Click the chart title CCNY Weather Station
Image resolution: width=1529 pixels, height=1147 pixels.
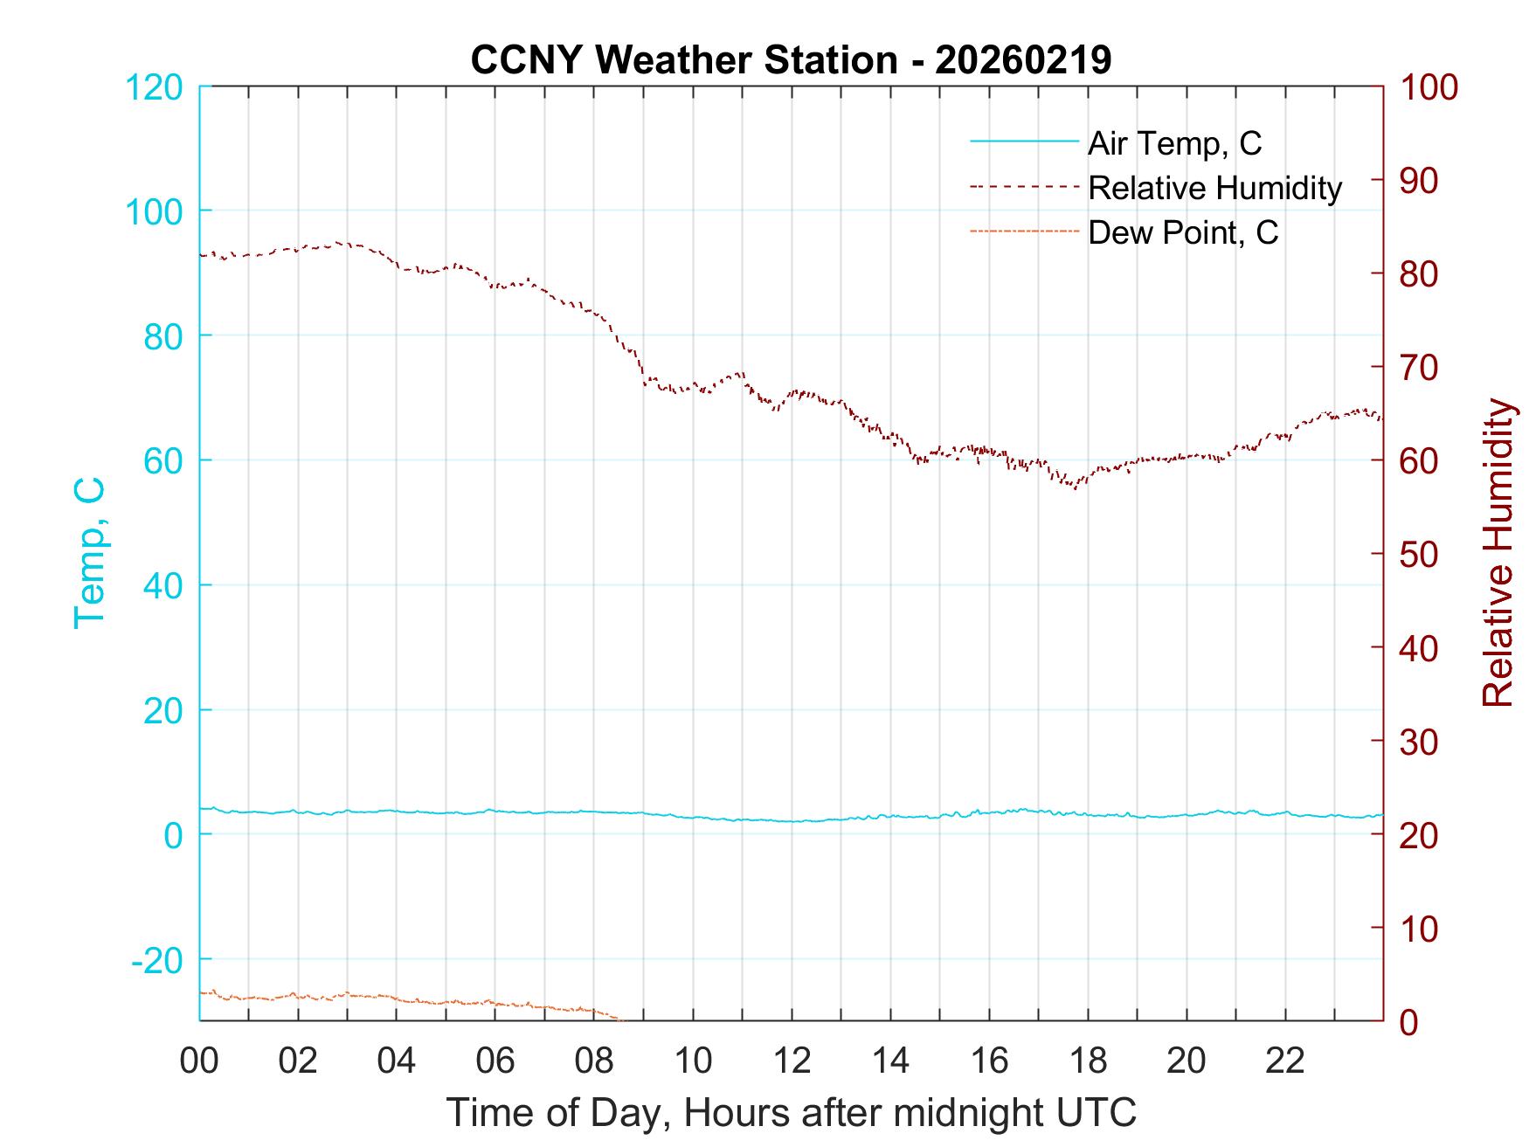tap(791, 60)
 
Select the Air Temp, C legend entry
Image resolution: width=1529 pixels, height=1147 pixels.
tap(1174, 142)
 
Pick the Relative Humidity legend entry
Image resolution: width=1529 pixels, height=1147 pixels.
tap(1214, 188)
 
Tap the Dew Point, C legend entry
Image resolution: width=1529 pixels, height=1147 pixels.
tap(1183, 232)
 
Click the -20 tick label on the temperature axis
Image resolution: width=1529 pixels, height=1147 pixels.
tap(157, 960)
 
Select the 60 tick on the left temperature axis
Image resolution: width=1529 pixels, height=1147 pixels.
tap(163, 460)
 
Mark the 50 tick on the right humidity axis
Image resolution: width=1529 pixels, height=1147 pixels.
tap(1418, 554)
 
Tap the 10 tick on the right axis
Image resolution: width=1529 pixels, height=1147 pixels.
tap(1418, 928)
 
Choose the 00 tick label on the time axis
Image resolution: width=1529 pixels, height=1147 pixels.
tap(199, 1061)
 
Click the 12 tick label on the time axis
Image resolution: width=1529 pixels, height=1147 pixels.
tap(792, 1061)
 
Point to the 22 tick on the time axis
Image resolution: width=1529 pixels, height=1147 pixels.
tap(1285, 1061)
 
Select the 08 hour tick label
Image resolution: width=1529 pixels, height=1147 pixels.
tap(594, 1061)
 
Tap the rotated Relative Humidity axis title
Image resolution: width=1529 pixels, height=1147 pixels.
tap(1498, 552)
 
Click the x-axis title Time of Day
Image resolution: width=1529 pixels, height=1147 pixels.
tap(791, 1113)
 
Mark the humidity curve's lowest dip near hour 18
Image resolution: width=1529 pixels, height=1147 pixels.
tap(1075, 487)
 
